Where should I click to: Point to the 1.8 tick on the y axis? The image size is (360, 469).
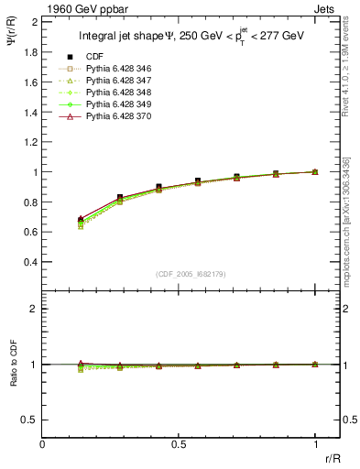click(30, 52)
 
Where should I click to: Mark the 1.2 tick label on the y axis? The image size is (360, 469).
click(30, 142)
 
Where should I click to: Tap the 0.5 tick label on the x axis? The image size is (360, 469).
click(179, 444)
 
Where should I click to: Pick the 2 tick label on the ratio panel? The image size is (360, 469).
click(33, 309)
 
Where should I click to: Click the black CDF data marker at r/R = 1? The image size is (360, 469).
click(315, 171)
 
